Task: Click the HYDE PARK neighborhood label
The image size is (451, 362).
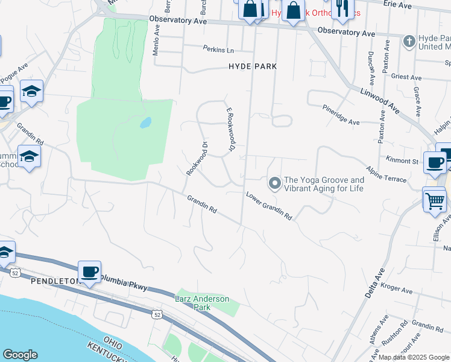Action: click(x=252, y=66)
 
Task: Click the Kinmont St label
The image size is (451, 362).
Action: click(x=402, y=161)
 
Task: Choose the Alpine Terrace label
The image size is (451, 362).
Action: click(x=386, y=173)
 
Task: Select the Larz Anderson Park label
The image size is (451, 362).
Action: click(x=194, y=302)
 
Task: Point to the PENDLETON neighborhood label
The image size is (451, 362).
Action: click(x=39, y=281)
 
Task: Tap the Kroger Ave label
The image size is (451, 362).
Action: click(x=397, y=289)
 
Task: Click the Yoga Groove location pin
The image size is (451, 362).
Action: click(x=274, y=182)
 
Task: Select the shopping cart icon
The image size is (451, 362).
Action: click(x=435, y=200)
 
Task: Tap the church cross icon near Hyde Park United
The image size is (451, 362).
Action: click(x=409, y=42)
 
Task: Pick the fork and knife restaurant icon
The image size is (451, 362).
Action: click(x=342, y=8)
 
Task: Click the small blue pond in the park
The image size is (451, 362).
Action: click(x=145, y=123)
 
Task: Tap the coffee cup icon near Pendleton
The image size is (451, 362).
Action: click(x=89, y=272)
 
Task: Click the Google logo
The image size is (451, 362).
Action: click(x=20, y=355)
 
